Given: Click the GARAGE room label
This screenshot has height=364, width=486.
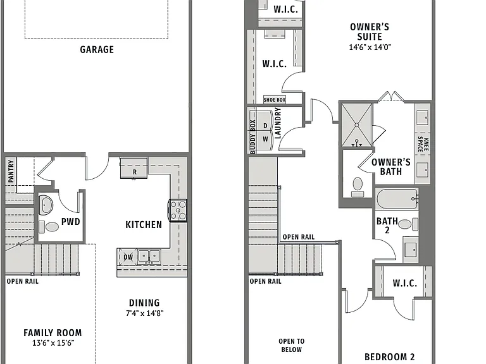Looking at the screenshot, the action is coord(97,49).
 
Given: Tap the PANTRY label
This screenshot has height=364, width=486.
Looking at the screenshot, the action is coord(11,171).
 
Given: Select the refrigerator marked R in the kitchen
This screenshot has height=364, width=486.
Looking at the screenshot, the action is coord(134,168).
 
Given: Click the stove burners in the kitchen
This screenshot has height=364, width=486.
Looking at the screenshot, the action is coord(178,210).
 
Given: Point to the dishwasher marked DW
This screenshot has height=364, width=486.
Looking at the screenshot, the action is coord(128,257).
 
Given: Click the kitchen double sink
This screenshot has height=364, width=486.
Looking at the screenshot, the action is coord(149,257).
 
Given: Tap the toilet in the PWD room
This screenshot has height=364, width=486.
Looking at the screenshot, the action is coord(49,227).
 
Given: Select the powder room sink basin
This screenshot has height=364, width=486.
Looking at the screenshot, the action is coord(46,204).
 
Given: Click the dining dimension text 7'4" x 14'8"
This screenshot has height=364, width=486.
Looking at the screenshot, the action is coord(144,313).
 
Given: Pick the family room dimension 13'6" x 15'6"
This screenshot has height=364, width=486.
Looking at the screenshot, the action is coord(53,343).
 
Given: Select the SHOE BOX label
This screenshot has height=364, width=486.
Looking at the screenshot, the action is coord(275,100).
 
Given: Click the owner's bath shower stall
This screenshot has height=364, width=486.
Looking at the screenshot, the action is coord(357,124).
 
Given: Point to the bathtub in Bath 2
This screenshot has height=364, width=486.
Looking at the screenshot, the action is coord(397,199).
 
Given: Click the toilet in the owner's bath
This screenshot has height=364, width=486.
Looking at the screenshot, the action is coord(358,187).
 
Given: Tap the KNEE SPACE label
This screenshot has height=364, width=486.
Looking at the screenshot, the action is coord(423,144).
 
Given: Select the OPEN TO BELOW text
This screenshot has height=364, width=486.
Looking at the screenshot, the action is coord(291,346).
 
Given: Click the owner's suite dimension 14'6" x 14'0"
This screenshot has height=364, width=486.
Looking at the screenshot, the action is coord(370,47).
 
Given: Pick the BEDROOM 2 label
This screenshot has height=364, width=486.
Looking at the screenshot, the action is coord(389,357).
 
